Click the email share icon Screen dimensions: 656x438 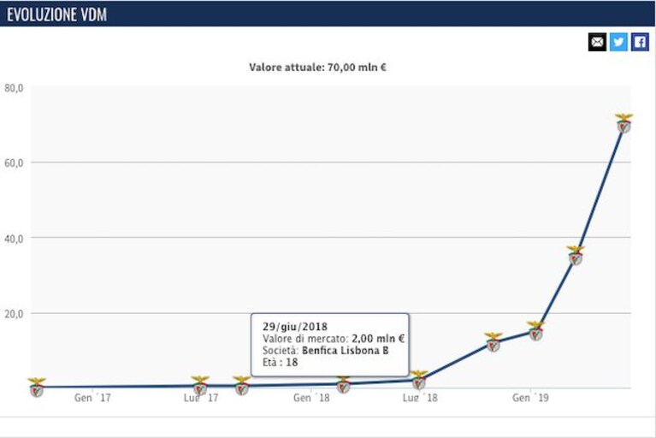597,42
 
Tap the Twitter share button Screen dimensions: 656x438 618,42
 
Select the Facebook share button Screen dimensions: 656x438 640,42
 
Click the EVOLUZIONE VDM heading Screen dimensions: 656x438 57,15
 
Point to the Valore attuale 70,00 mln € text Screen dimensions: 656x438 317,67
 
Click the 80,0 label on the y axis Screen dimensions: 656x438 14,88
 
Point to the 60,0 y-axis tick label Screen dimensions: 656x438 14,163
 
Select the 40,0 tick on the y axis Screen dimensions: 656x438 14,239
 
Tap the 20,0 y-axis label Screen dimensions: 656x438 14,314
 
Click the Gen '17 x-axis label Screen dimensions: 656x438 92,398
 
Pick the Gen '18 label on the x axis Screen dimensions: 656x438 311,398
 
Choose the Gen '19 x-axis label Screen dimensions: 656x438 530,398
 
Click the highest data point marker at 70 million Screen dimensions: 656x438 623,123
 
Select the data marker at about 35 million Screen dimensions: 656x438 576,256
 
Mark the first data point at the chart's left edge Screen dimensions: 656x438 37,387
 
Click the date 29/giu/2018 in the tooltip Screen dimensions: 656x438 295,327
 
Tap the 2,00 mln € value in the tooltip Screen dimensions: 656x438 378,339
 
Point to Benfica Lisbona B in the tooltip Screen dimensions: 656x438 346,350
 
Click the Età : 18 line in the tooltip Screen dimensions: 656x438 281,362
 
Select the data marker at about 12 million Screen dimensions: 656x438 493,342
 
